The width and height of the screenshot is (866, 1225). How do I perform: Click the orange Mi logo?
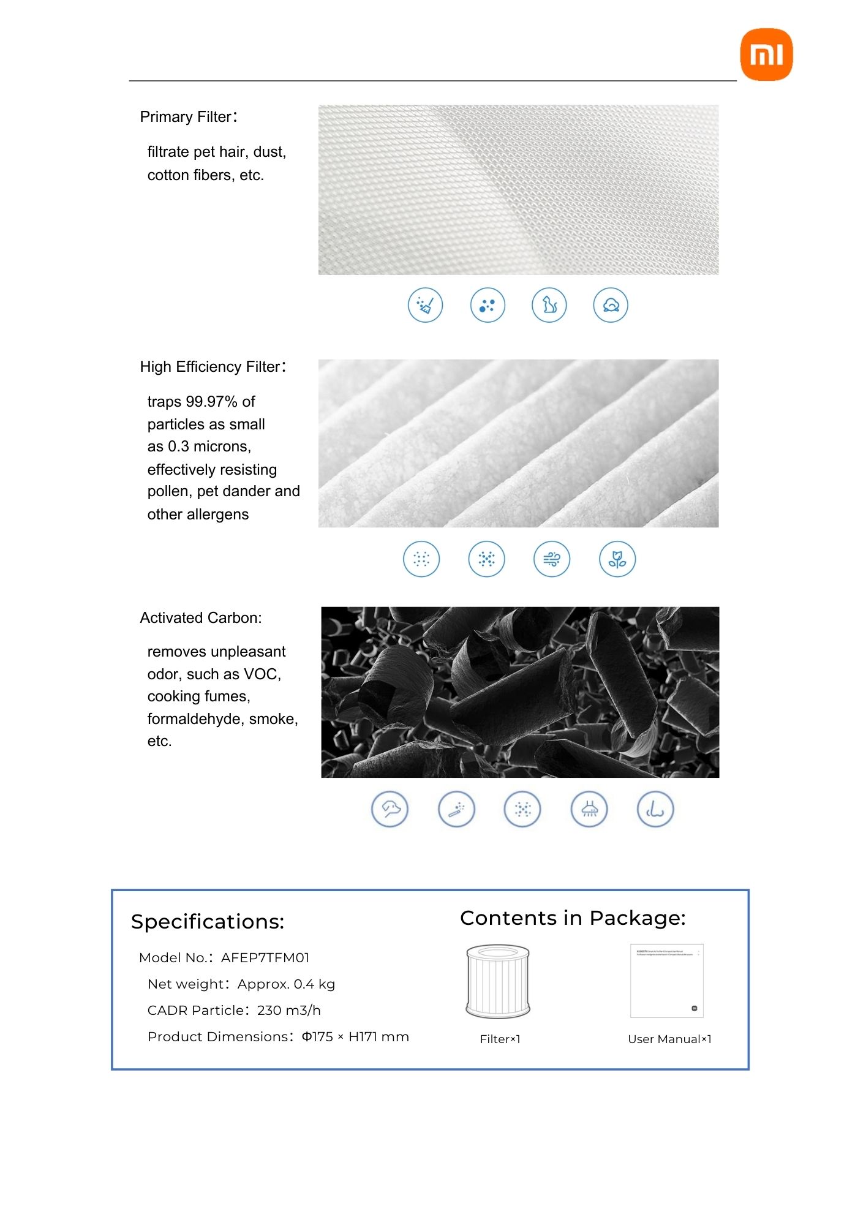[x=766, y=54]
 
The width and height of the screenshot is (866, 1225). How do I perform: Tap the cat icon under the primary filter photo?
[x=549, y=304]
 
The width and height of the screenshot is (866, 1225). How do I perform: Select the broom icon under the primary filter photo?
[x=425, y=304]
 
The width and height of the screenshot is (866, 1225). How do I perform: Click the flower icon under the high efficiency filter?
[x=617, y=559]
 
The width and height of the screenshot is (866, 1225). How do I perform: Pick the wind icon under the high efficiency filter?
[x=551, y=559]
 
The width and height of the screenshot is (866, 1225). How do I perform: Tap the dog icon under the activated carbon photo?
[x=390, y=809]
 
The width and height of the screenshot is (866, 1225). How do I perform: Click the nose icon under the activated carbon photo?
[x=655, y=809]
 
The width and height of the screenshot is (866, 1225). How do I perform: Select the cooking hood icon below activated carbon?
[x=589, y=809]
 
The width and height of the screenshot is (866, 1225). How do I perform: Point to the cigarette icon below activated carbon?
[x=456, y=809]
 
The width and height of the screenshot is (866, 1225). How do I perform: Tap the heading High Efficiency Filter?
[x=213, y=367]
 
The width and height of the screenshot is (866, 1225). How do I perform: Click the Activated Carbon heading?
[x=200, y=618]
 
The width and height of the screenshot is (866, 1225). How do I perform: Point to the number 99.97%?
[x=211, y=402]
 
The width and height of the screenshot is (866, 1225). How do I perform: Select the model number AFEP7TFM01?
[x=265, y=958]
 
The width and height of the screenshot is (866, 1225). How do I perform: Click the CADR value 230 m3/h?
[x=288, y=1011]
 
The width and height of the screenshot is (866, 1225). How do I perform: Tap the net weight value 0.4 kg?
[x=314, y=984]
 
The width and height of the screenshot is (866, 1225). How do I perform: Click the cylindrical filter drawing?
[x=497, y=981]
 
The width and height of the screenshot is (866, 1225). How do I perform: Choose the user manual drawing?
[x=666, y=981]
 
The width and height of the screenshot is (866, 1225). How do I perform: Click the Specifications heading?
[x=208, y=922]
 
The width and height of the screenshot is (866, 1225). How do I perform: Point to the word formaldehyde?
[x=196, y=719]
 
